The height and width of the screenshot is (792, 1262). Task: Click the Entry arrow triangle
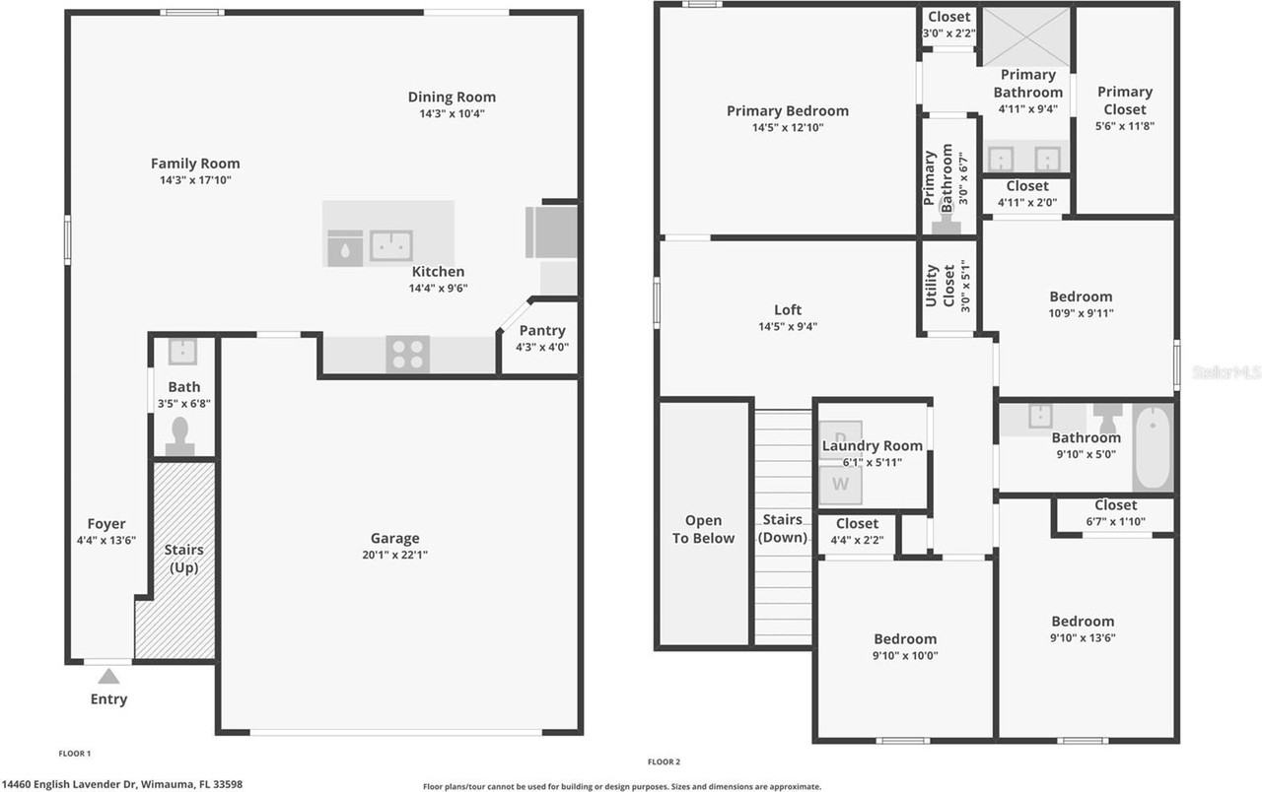point(108,676)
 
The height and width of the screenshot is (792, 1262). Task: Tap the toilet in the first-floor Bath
point(180,436)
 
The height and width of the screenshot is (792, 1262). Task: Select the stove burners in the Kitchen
point(407,355)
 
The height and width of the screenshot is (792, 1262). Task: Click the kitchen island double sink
point(390,245)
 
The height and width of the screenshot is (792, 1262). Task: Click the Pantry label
point(542,331)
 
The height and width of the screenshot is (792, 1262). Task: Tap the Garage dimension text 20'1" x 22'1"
point(395,555)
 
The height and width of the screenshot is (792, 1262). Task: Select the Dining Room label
point(452,97)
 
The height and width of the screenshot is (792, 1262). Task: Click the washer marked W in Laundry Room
point(840,484)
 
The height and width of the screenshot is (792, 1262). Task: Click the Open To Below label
point(704,529)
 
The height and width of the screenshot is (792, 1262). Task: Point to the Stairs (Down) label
point(782,529)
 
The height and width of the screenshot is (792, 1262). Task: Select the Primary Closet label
point(1125,100)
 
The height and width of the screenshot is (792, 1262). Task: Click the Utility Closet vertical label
point(942,286)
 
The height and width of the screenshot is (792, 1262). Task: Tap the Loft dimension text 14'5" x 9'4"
point(788,327)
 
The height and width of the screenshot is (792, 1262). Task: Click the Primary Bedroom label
point(787,110)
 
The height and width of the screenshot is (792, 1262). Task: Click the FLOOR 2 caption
point(664,761)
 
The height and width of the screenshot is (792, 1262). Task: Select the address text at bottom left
point(121,784)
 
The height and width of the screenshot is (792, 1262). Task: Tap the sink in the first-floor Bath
point(182,351)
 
